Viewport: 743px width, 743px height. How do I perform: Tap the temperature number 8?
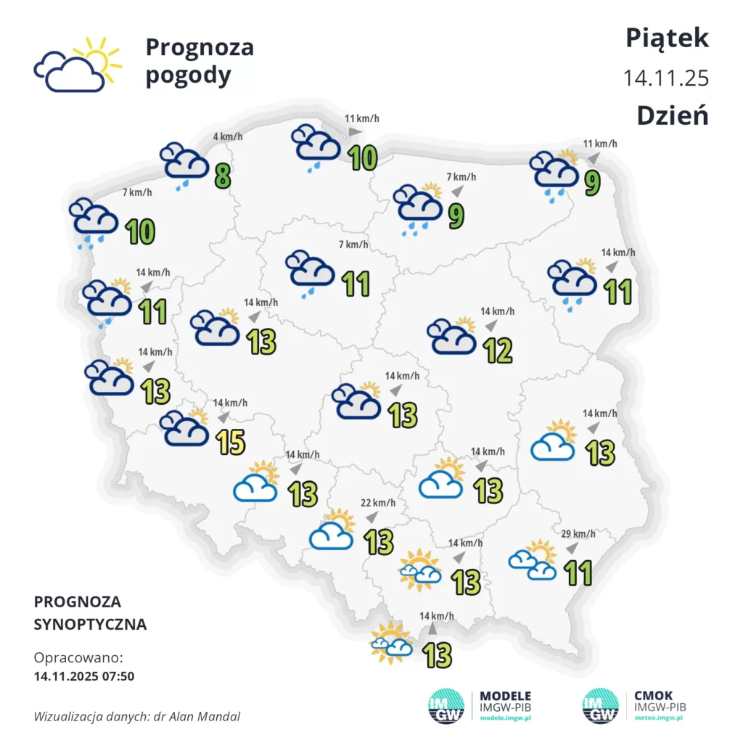pos(223,175)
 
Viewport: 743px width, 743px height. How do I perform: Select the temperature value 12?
pos(499,350)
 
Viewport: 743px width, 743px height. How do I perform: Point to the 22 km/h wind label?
pos(379,503)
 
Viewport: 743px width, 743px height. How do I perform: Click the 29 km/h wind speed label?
pos(578,534)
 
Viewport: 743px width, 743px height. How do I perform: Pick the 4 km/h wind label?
pos(227,136)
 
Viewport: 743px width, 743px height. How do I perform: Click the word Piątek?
pos(667,38)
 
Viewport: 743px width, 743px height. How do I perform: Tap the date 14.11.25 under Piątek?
pos(666,78)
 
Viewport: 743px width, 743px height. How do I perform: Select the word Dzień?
pos(672,115)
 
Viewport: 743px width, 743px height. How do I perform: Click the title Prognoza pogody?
pos(200,61)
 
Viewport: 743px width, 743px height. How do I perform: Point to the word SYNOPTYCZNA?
pos(90,624)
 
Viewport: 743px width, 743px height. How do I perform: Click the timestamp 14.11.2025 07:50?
pos(84,676)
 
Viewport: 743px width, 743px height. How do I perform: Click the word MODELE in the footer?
pos(506,695)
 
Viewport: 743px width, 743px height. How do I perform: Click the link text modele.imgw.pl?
pos(506,718)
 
